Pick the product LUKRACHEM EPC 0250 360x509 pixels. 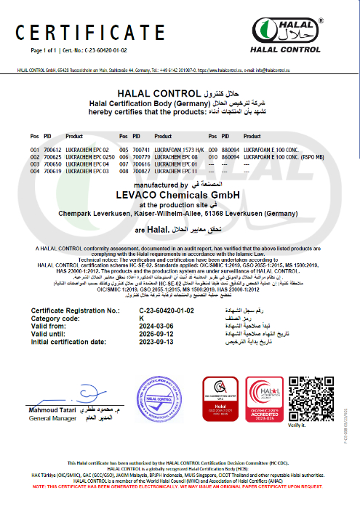tap(90, 156)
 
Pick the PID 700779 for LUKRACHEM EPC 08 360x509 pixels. tap(141, 156)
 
